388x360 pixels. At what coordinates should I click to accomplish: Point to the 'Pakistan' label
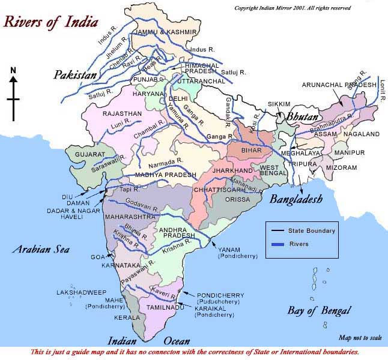tap(74, 75)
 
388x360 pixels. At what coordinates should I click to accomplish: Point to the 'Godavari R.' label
tap(142, 206)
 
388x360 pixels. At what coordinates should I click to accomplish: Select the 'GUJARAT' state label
tap(89, 154)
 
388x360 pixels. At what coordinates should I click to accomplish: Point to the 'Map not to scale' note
tap(360, 338)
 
